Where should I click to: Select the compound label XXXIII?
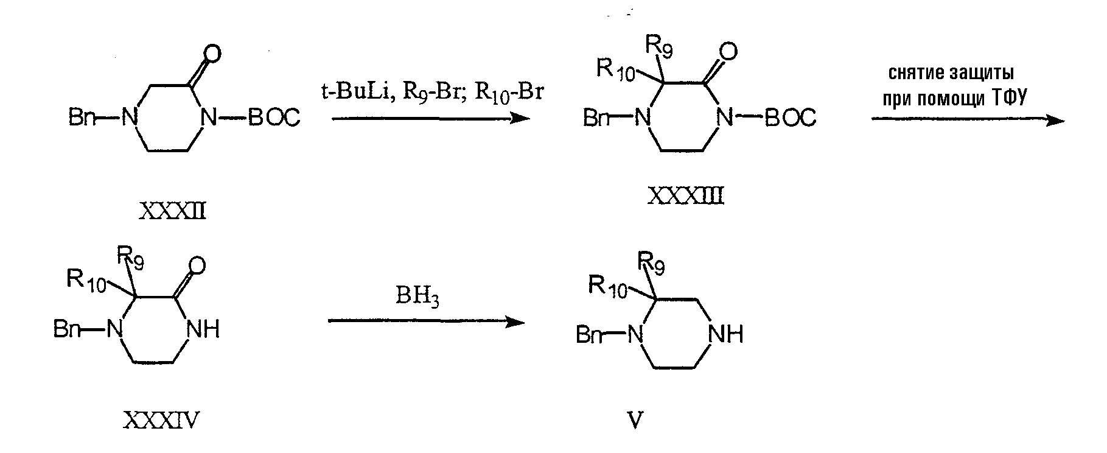[686, 196]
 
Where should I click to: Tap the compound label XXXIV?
[162, 420]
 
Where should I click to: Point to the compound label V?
[635, 421]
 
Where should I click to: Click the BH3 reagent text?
[417, 298]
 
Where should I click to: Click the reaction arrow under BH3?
[426, 321]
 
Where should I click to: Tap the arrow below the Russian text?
[968, 120]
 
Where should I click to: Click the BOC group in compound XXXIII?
[790, 118]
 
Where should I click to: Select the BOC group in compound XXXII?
[274, 118]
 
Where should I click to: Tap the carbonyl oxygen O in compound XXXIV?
[197, 265]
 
